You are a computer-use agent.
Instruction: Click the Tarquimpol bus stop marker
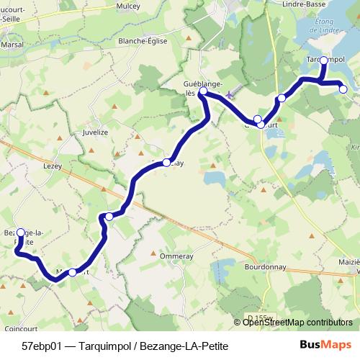(x=323, y=60)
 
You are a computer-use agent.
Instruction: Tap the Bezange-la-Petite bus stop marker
(x=21, y=233)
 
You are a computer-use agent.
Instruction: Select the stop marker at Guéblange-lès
(x=203, y=91)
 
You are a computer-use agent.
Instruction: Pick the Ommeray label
(x=172, y=255)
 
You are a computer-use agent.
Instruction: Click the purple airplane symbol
(x=230, y=94)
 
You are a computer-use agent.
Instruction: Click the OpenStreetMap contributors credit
(x=297, y=323)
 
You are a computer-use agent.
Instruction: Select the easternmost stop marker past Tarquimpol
(x=343, y=89)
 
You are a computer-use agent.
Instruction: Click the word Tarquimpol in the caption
(x=105, y=346)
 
